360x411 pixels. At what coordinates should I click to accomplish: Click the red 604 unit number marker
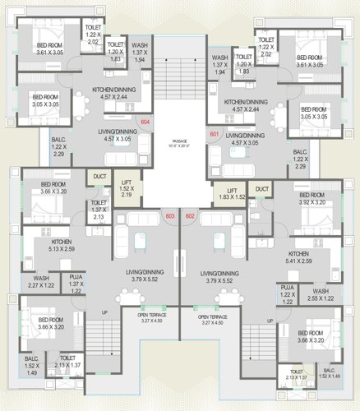[x=146, y=122]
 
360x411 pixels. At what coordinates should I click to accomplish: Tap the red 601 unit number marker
[x=215, y=134]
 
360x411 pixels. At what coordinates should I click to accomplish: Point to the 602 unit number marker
[x=190, y=216]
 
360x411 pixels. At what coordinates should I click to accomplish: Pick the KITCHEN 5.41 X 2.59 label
[x=298, y=257]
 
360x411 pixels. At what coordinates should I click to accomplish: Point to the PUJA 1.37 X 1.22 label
[x=76, y=283]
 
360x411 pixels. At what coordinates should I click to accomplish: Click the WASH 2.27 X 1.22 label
[x=41, y=283]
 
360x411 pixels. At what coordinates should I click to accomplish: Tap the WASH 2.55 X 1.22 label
[x=321, y=294]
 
